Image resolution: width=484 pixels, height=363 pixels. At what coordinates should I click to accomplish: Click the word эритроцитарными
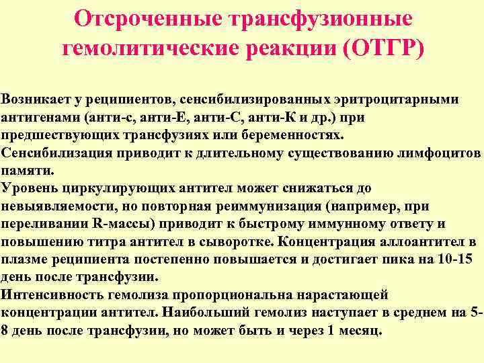pyautogui.click(x=403, y=99)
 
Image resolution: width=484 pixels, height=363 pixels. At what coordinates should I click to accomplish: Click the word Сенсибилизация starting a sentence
pyautogui.click(x=51, y=153)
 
